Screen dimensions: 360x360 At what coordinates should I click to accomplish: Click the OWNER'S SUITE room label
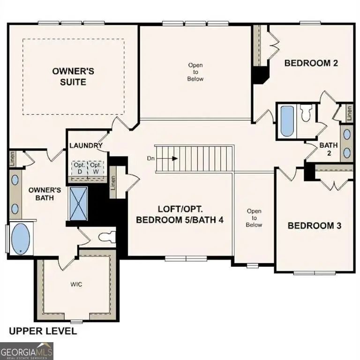[73, 76]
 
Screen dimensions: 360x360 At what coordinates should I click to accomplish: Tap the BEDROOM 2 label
[311, 63]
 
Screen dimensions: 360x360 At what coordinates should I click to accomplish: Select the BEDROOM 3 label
[314, 225]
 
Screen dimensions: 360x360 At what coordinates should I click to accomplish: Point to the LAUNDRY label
[86, 146]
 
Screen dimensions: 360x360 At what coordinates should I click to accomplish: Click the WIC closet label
[76, 284]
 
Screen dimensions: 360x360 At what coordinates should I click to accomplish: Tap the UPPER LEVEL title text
[43, 331]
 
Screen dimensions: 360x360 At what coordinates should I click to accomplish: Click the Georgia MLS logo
[27, 351]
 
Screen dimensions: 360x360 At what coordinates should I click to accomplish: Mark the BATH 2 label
[329, 149]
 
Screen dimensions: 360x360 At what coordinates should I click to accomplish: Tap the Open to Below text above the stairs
[195, 72]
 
